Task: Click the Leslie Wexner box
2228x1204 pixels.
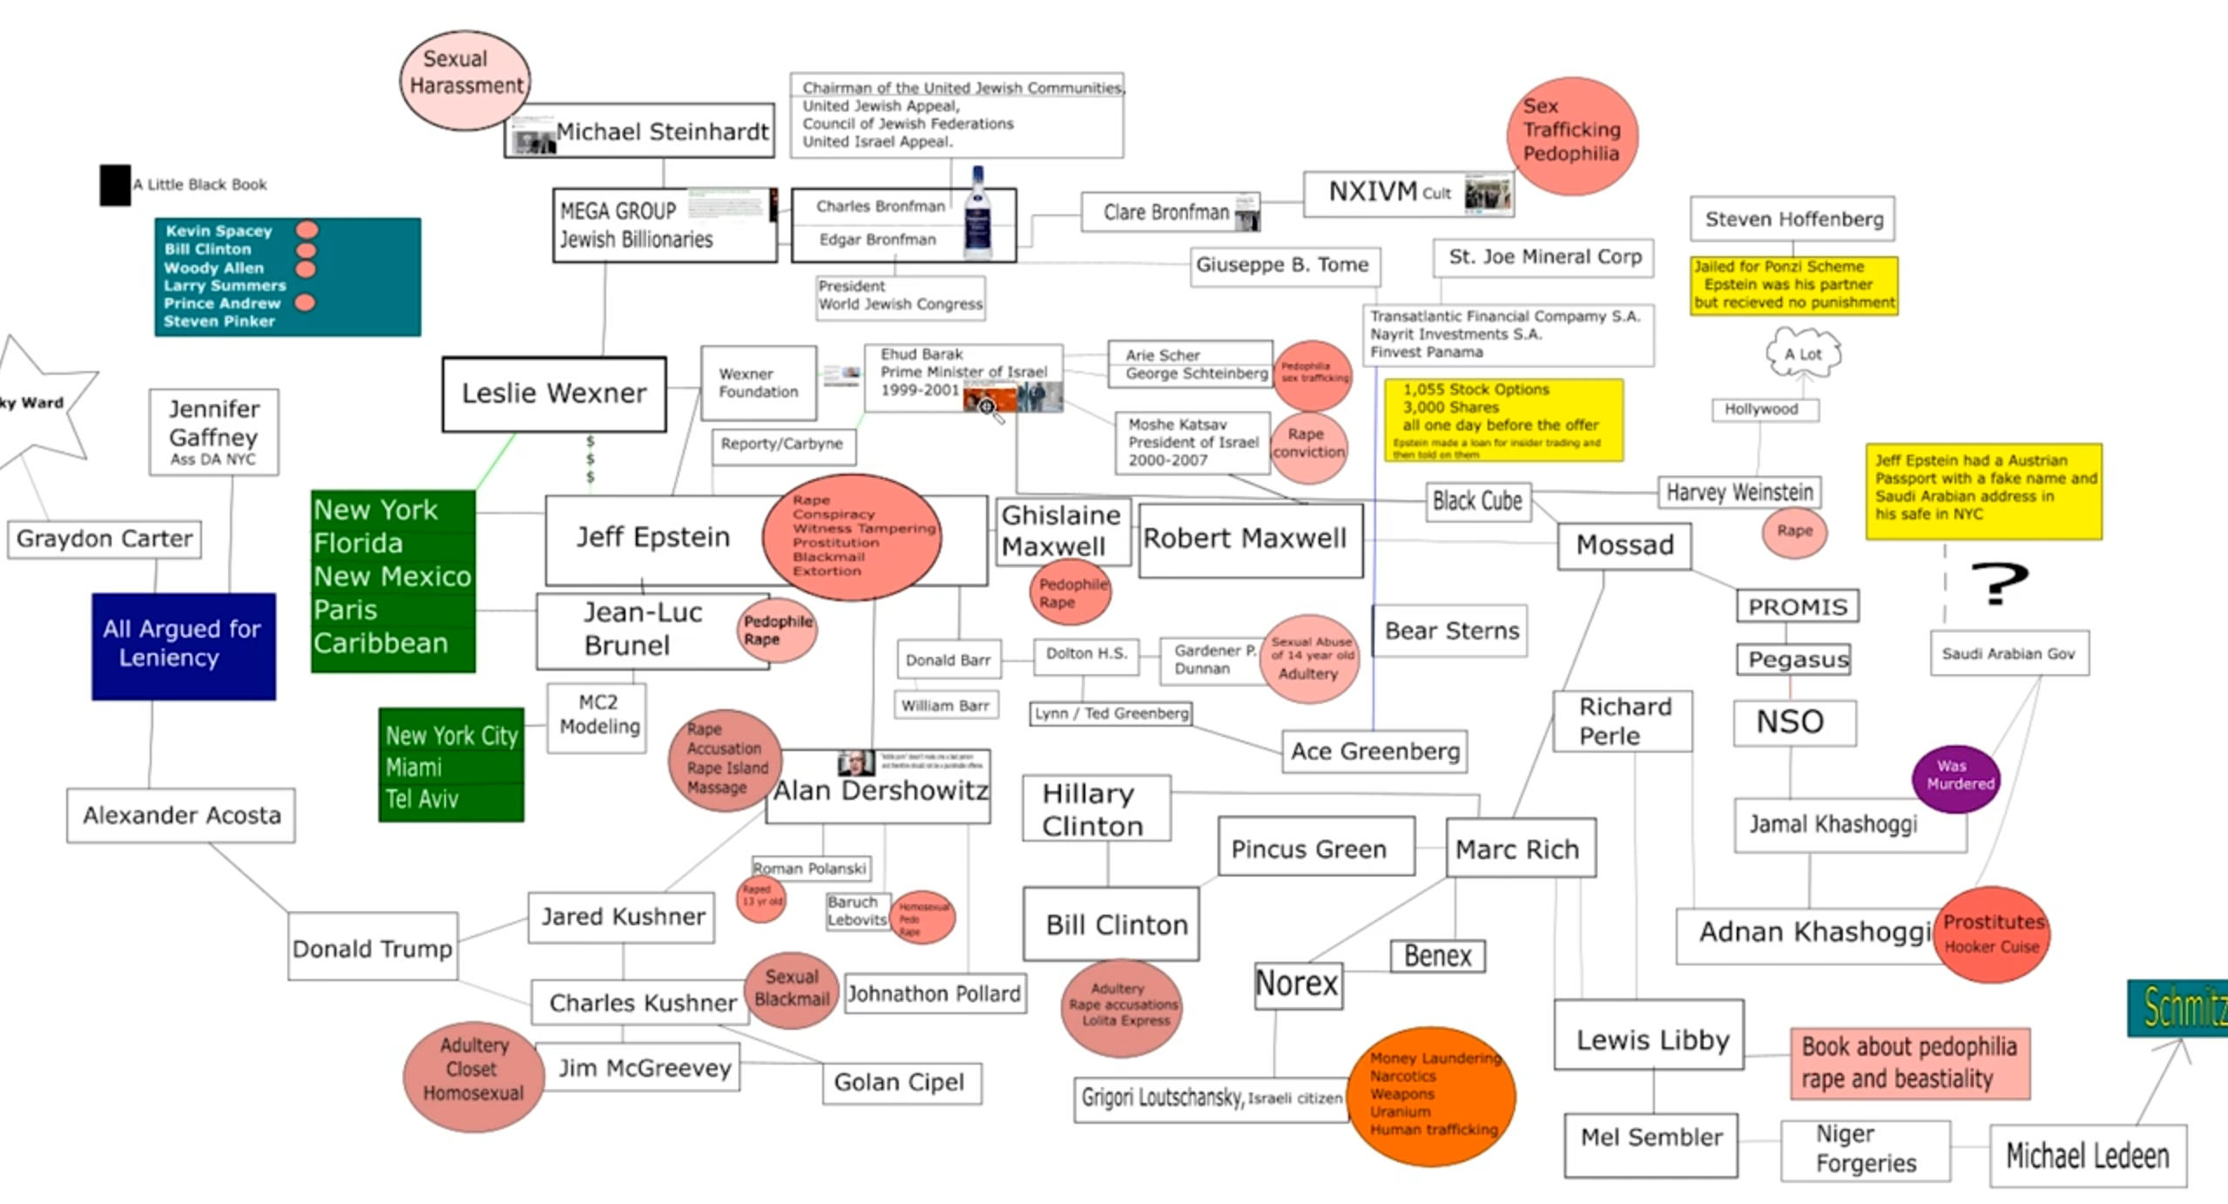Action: click(554, 394)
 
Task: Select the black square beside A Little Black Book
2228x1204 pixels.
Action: click(114, 185)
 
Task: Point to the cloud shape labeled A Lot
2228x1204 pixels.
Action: click(1803, 354)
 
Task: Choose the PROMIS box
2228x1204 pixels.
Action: click(1797, 606)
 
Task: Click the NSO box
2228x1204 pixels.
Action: click(1793, 722)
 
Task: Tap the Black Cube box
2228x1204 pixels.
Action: click(1477, 502)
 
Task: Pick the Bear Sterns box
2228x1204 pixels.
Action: click(1450, 631)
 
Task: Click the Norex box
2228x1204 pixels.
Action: click(1297, 984)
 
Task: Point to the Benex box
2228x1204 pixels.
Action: click(1437, 957)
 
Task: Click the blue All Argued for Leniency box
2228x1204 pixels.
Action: click(183, 646)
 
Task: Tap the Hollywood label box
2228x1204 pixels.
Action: click(1764, 409)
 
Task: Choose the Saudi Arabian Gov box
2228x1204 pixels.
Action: click(2009, 653)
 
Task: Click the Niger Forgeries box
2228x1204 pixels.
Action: click(1865, 1149)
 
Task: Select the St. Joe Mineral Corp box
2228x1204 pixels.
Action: click(1543, 257)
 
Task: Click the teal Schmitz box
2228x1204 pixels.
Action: click(2180, 1008)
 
